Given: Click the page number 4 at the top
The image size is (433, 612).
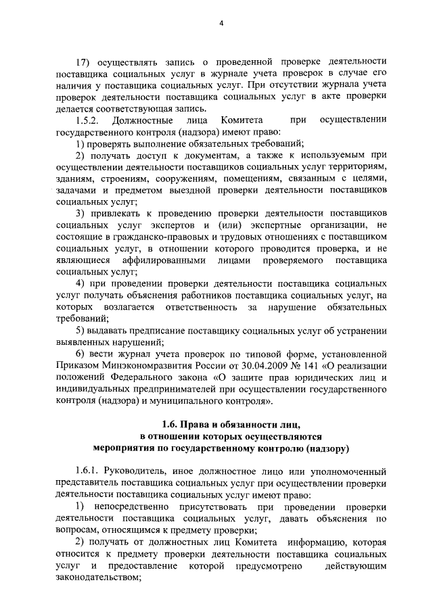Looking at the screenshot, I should [x=221, y=26].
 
